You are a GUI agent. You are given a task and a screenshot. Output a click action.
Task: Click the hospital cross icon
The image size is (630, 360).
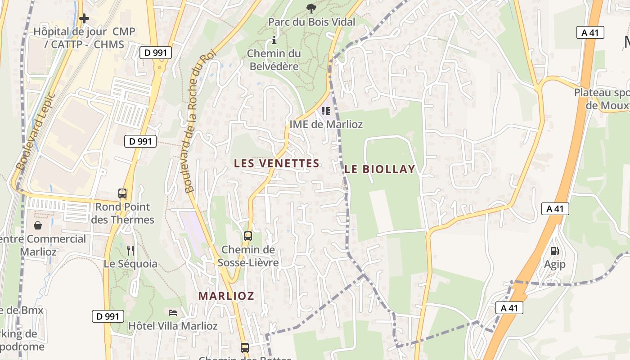[x=84, y=18]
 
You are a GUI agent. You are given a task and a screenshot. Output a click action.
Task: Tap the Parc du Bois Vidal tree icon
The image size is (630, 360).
[x=310, y=8]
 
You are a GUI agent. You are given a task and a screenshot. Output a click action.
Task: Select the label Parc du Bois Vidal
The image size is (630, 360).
[x=311, y=22]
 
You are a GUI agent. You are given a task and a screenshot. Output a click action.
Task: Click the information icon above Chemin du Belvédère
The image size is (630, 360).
[x=274, y=40]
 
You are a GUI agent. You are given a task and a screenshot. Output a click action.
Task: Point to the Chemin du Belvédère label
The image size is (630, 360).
[x=274, y=60]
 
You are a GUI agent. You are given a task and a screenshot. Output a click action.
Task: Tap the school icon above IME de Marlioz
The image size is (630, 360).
[x=325, y=111]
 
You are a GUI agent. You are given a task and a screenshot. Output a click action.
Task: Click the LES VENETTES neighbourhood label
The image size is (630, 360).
[x=277, y=163]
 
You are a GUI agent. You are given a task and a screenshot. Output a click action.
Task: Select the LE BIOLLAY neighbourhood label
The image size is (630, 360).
[x=379, y=169]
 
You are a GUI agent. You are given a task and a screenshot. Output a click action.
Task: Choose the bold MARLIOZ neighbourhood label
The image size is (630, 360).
[x=226, y=296]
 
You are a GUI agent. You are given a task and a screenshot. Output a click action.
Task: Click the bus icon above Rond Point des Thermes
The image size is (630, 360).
[x=122, y=193]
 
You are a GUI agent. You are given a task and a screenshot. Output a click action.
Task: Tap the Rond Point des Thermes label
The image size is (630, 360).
[x=122, y=213]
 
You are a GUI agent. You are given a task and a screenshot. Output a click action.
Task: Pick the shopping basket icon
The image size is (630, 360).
[x=38, y=225]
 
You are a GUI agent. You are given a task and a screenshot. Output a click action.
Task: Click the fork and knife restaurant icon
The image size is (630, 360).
[x=130, y=250]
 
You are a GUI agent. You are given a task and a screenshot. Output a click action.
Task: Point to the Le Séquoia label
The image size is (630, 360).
[x=130, y=264]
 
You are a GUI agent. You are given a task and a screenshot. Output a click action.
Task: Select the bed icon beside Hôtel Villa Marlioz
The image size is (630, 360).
[x=172, y=312]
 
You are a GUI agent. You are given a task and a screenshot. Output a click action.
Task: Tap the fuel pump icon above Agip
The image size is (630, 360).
[x=555, y=251]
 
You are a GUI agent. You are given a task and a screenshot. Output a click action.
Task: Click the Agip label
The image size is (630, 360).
[x=555, y=264]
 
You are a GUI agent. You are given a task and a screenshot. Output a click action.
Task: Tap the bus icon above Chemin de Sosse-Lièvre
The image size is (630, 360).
[x=247, y=236]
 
